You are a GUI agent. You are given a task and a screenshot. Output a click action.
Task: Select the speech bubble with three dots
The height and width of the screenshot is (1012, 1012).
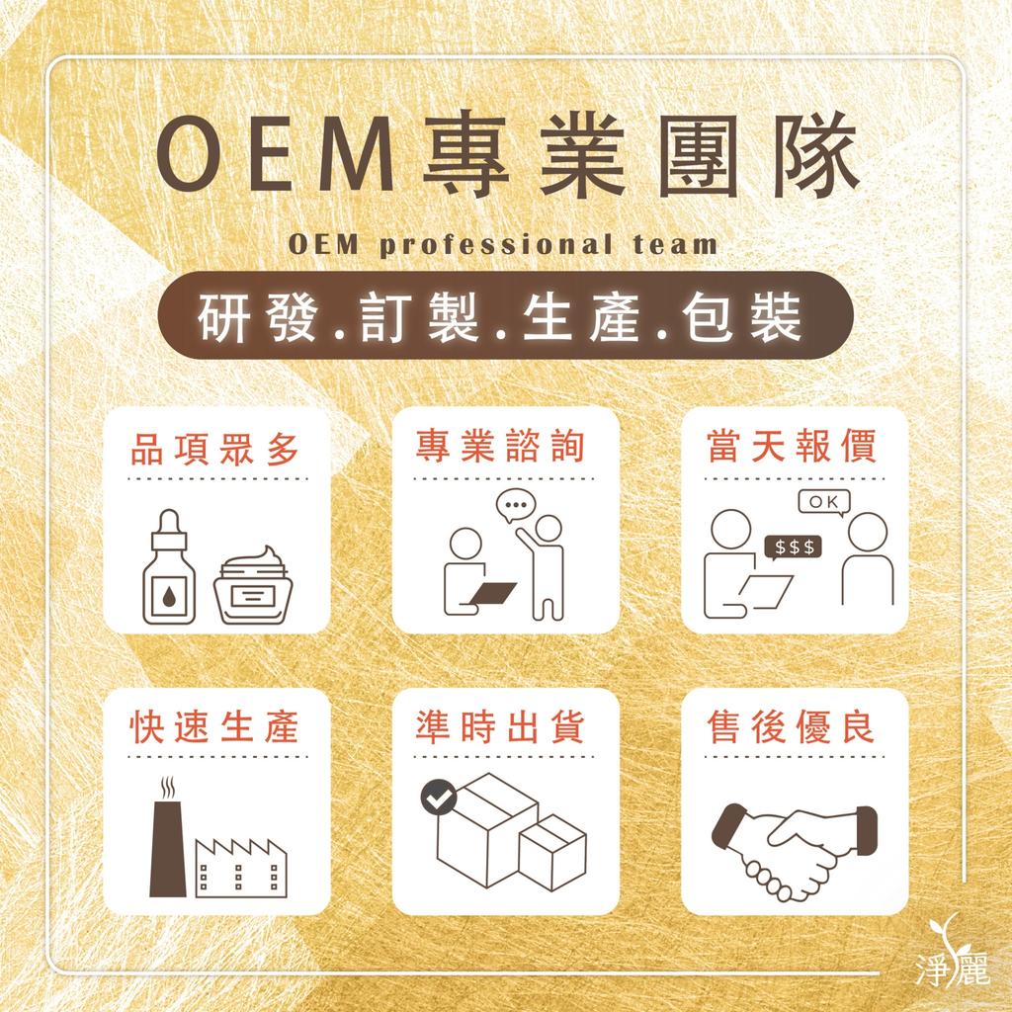point(516,505)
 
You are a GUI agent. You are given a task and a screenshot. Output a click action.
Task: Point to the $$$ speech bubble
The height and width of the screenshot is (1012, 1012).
point(793,548)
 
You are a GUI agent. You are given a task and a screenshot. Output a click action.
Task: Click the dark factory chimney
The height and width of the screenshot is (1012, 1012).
point(168,847)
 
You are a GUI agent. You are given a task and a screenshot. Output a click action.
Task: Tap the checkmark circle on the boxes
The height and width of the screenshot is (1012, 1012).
point(439,798)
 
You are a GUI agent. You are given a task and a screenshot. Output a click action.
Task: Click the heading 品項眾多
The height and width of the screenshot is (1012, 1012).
point(214,450)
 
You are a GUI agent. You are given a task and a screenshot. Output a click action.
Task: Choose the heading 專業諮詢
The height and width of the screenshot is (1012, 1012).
point(500,446)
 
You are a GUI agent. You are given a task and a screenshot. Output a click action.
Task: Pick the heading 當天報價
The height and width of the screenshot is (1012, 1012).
point(792,446)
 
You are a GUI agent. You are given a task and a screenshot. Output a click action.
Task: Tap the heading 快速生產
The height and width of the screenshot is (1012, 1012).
point(214,726)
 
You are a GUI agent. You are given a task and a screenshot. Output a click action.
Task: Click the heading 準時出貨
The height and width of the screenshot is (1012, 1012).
point(500,726)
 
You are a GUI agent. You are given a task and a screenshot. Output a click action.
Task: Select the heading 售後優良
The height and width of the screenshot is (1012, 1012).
point(792,726)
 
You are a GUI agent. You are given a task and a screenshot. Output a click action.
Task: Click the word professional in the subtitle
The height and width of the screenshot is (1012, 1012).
point(496,246)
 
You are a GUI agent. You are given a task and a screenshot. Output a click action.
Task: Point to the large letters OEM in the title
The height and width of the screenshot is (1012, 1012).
point(276,155)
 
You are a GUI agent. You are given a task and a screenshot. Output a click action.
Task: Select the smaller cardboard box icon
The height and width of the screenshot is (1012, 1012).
point(552,852)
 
